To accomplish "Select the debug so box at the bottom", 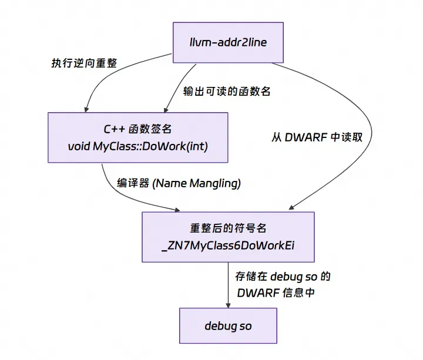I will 228,325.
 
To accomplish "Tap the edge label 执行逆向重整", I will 79,64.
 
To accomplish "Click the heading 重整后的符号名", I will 228,228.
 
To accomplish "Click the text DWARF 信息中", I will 276,292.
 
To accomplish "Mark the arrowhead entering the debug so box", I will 228,303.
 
